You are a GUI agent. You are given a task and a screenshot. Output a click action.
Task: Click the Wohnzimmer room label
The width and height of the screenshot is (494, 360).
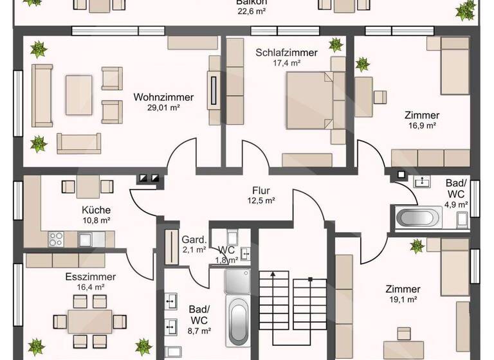click(x=163, y=97)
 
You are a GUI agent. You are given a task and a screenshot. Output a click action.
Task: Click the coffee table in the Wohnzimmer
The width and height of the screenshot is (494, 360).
click(x=79, y=94)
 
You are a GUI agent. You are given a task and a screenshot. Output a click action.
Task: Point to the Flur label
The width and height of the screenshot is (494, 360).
click(x=261, y=190)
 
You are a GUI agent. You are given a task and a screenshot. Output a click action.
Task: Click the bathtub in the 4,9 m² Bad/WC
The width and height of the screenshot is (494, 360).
click(x=418, y=218)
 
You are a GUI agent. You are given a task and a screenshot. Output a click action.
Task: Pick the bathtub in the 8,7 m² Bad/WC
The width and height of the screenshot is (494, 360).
click(x=238, y=321)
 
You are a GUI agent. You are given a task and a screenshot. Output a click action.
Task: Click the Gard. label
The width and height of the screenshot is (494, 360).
click(x=193, y=239)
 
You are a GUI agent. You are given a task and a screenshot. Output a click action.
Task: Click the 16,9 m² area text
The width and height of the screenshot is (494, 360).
click(x=422, y=125)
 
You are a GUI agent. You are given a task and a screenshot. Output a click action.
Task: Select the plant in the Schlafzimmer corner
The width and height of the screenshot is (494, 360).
click(x=336, y=44)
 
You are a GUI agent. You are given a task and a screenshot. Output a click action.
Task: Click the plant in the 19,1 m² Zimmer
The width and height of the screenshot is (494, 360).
click(x=417, y=246)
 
